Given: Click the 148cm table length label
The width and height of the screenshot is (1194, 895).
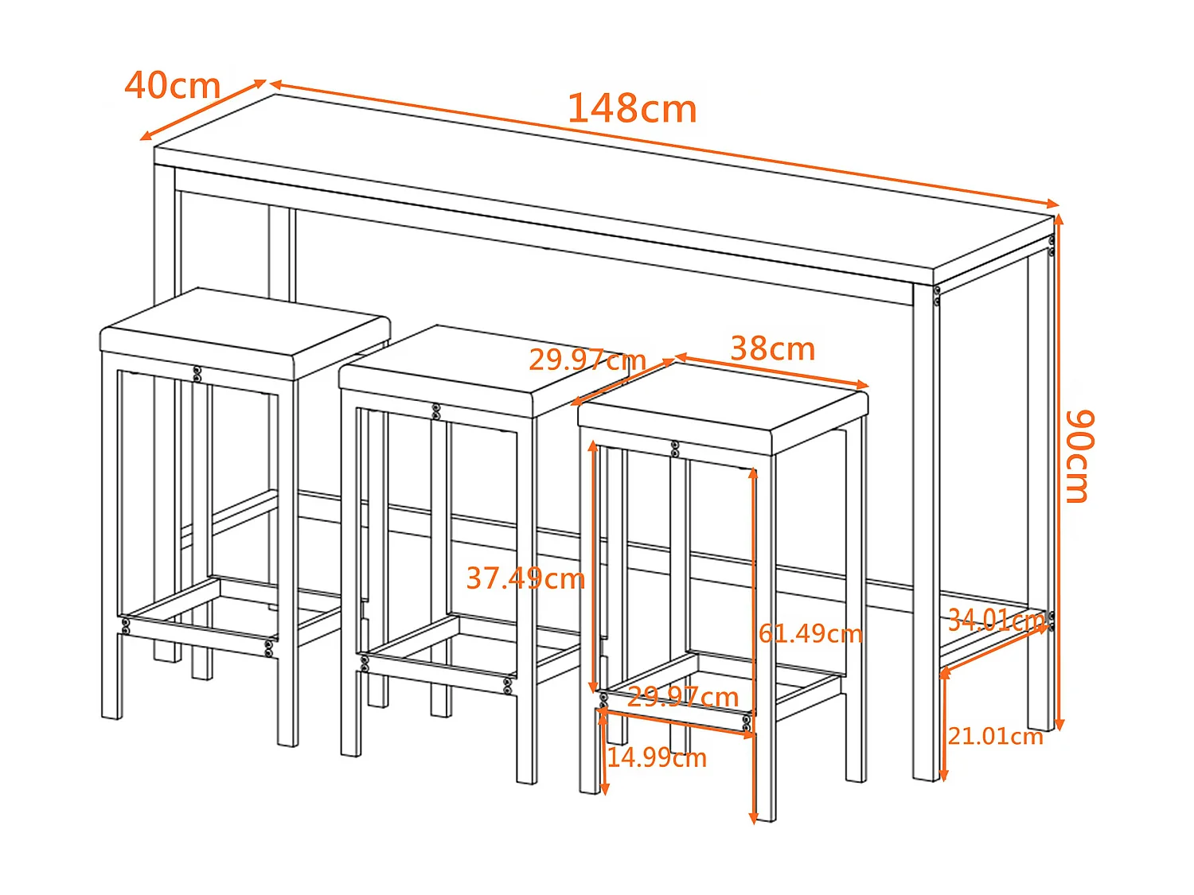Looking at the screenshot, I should tap(632, 109).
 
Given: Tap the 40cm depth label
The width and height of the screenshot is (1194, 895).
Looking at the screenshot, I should tap(173, 86).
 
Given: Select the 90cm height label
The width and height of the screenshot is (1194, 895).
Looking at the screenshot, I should tap(1080, 456).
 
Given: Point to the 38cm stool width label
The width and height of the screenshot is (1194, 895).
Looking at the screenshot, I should tap(772, 349).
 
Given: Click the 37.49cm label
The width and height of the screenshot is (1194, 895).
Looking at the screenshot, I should tap(525, 578).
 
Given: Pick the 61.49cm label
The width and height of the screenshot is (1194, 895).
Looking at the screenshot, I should tap(810, 633).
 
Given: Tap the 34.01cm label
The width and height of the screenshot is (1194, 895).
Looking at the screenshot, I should tap(995, 620).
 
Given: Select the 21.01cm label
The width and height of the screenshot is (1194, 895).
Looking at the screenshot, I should tap(995, 736).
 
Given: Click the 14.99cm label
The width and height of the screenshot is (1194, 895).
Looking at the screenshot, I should tap(657, 757).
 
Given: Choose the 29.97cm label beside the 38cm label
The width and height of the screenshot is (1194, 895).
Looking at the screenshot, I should tap(587, 360).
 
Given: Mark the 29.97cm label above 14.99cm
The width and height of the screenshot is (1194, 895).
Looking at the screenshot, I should tap(683, 697).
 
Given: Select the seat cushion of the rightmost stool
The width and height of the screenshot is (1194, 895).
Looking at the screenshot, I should tap(723, 402).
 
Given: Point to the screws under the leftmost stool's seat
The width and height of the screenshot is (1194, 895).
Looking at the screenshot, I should tap(197, 373).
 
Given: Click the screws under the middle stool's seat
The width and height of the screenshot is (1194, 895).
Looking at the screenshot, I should tap(435, 411).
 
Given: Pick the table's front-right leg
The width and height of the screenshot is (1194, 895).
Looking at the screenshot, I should tap(925, 533).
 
